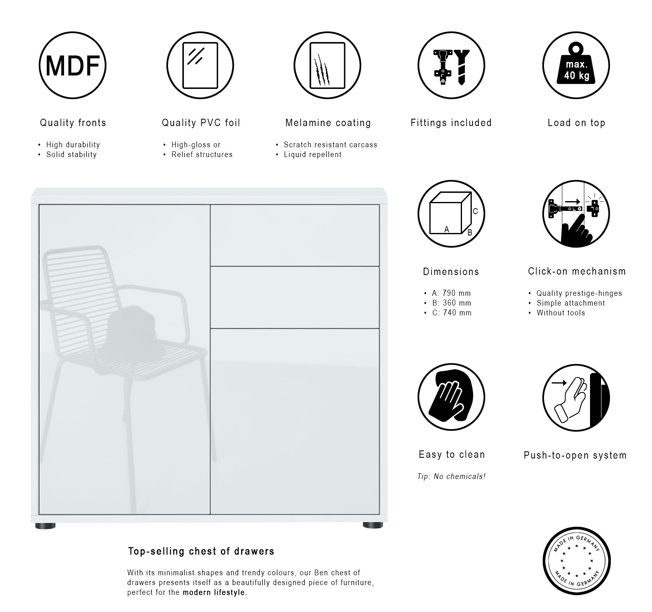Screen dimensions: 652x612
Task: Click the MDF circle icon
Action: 73,65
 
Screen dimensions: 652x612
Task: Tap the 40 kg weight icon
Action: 576,65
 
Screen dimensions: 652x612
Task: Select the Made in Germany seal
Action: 577,561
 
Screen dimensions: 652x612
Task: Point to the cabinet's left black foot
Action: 45,526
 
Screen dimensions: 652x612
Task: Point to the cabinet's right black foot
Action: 373,526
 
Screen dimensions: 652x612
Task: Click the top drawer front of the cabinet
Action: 295,235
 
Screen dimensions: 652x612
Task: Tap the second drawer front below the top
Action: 295,297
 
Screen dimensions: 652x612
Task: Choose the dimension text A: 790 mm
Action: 451,293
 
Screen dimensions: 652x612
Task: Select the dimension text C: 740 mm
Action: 452,313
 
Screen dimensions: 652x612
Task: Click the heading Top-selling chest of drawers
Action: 201,551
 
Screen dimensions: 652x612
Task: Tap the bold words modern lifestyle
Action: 214,592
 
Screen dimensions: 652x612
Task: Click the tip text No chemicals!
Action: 460,477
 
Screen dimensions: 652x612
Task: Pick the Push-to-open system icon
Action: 576,398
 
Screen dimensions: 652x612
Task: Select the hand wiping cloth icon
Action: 451,397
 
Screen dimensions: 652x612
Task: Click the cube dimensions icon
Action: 451,214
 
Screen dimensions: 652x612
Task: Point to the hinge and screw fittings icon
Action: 451,65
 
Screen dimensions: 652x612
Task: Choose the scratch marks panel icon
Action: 327,65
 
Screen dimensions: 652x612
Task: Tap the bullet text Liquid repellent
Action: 313,155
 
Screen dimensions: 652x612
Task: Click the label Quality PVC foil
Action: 201,123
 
